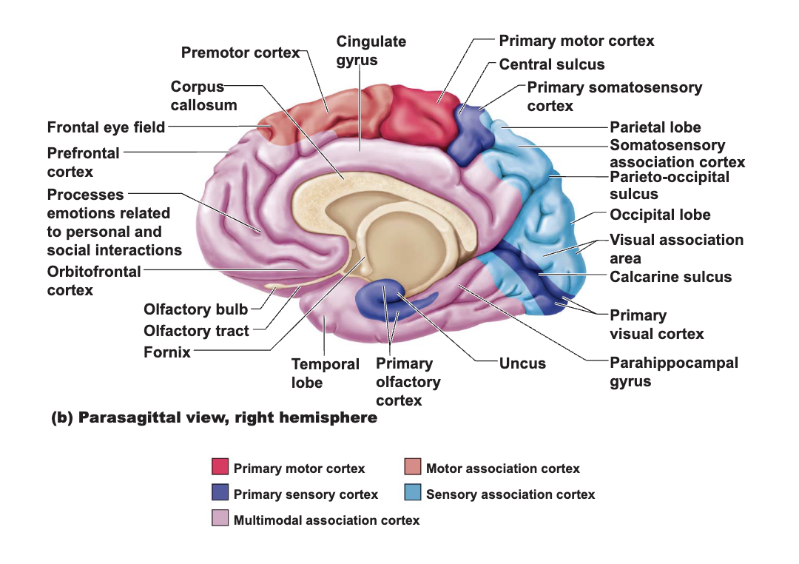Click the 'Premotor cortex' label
pyautogui.click(x=240, y=53)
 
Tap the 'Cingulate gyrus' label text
pyautogui.click(x=371, y=50)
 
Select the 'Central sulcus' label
pyautogui.click(x=552, y=64)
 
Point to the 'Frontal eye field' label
pyautogui.click(x=106, y=127)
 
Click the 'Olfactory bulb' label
pyautogui.click(x=195, y=309)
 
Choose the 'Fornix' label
pyautogui.click(x=167, y=352)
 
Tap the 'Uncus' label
pyautogui.click(x=522, y=363)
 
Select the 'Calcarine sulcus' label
pyautogui.click(x=670, y=277)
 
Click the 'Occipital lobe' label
pyautogui.click(x=660, y=215)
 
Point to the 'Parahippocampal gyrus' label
pyautogui.click(x=674, y=372)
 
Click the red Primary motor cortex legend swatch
pyautogui.click(x=220, y=466)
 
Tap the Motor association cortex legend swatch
pyautogui.click(x=413, y=466)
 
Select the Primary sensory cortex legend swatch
pyautogui.click(x=220, y=492)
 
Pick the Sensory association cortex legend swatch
pyautogui.click(x=413, y=492)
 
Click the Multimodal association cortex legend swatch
pyautogui.click(x=220, y=517)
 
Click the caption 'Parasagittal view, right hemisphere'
pyautogui.click(x=228, y=417)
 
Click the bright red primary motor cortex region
pyautogui.click(x=418, y=115)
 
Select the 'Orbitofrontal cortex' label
pyautogui.click(x=94, y=281)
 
